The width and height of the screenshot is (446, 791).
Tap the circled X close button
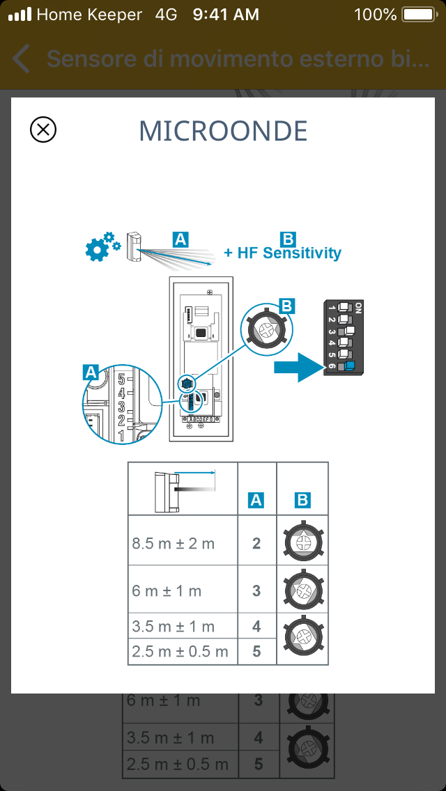point(43,130)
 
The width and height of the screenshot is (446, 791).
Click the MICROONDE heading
point(223,131)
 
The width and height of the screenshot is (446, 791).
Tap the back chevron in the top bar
point(22,59)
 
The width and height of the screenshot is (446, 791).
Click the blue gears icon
point(101,245)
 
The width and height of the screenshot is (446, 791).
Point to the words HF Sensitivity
point(289,253)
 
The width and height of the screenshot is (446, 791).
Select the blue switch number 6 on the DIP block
point(348,366)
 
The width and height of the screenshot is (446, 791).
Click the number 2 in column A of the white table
point(256,543)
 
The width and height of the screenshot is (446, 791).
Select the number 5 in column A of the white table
point(256,651)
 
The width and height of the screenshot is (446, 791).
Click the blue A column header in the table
point(256,499)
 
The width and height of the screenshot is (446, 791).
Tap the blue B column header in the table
point(302,499)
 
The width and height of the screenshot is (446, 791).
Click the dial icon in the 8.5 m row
point(302,542)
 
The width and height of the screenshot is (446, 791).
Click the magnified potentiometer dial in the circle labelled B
point(268,326)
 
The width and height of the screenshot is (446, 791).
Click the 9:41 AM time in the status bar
point(226,14)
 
